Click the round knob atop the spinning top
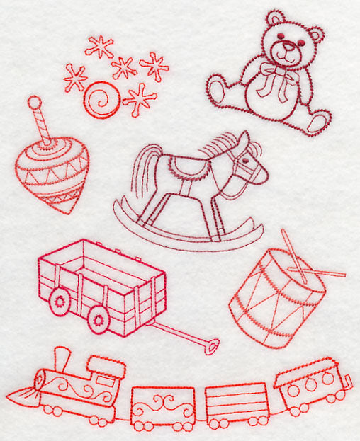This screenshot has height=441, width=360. pyautogui.click(x=33, y=103)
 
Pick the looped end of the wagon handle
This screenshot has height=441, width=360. pyautogui.click(x=210, y=345)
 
